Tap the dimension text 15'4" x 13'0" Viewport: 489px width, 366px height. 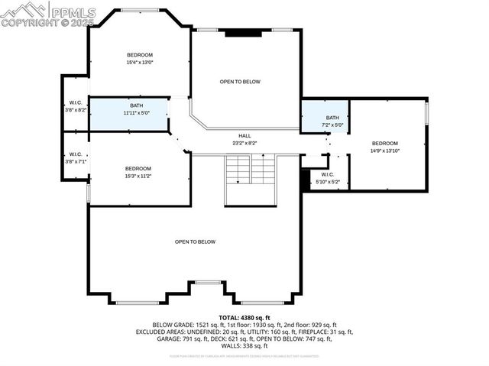pos(140,63)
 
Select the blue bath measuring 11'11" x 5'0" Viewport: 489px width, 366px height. pos(128,109)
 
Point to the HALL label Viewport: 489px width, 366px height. pos(244,136)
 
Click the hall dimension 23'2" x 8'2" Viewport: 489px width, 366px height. pos(244,143)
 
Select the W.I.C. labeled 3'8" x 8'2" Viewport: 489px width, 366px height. pos(75,106)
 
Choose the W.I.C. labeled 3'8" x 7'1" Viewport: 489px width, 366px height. pos(75,157)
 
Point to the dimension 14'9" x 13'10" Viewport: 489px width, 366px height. pos(385,151)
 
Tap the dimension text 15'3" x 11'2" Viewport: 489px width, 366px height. pos(138,176)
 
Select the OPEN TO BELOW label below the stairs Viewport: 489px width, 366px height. pos(195,242)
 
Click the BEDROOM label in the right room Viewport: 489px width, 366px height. pos(385,144)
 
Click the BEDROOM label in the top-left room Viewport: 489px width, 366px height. pos(140,55)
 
